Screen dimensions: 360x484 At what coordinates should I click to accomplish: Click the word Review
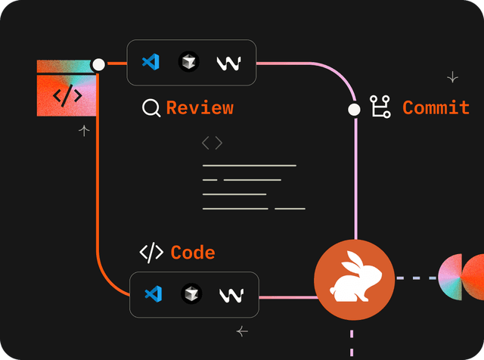coord(200,108)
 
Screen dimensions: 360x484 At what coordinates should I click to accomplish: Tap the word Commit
coord(436,108)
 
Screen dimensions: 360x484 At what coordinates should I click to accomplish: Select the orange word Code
coord(193,253)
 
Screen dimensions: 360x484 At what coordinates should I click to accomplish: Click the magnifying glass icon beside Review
coord(151,108)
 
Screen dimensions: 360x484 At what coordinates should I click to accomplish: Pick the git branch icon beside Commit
coord(379,108)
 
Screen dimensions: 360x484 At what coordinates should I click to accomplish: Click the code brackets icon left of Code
coord(151,253)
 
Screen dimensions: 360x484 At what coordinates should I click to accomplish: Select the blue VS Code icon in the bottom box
coord(154,294)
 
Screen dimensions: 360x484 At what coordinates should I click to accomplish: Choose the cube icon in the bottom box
coord(191,294)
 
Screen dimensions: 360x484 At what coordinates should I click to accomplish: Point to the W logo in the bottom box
coord(231,295)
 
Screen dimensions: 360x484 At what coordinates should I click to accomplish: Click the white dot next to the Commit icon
coord(353,110)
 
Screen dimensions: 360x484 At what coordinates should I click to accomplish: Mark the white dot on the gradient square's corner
coord(98,65)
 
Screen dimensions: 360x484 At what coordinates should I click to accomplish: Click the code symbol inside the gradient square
coord(67,95)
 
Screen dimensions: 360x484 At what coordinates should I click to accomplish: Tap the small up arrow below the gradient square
coord(84,131)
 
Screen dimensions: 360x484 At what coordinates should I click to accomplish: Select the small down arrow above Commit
coord(452,77)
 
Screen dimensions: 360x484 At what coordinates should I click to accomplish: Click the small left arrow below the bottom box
coord(242,331)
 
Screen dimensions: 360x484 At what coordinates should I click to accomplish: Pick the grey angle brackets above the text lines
coord(212,143)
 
